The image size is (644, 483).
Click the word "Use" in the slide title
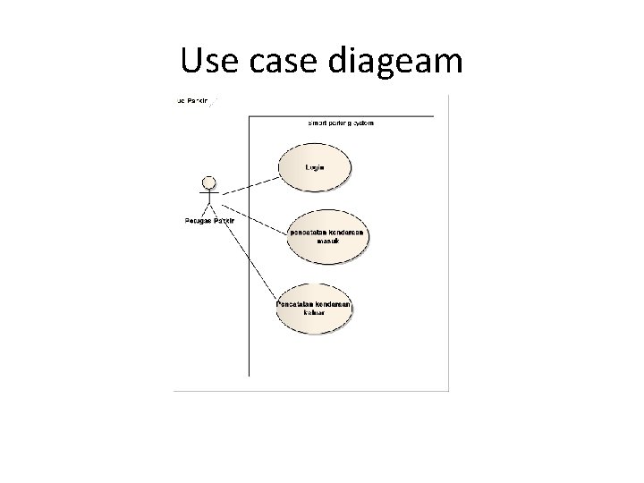207,61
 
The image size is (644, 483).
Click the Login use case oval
315,168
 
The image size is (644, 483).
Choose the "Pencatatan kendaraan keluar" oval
314,309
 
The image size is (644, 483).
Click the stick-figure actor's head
209,183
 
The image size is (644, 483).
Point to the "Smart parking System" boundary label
341,123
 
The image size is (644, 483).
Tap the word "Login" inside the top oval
315,166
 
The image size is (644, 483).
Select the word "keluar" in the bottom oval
313,314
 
